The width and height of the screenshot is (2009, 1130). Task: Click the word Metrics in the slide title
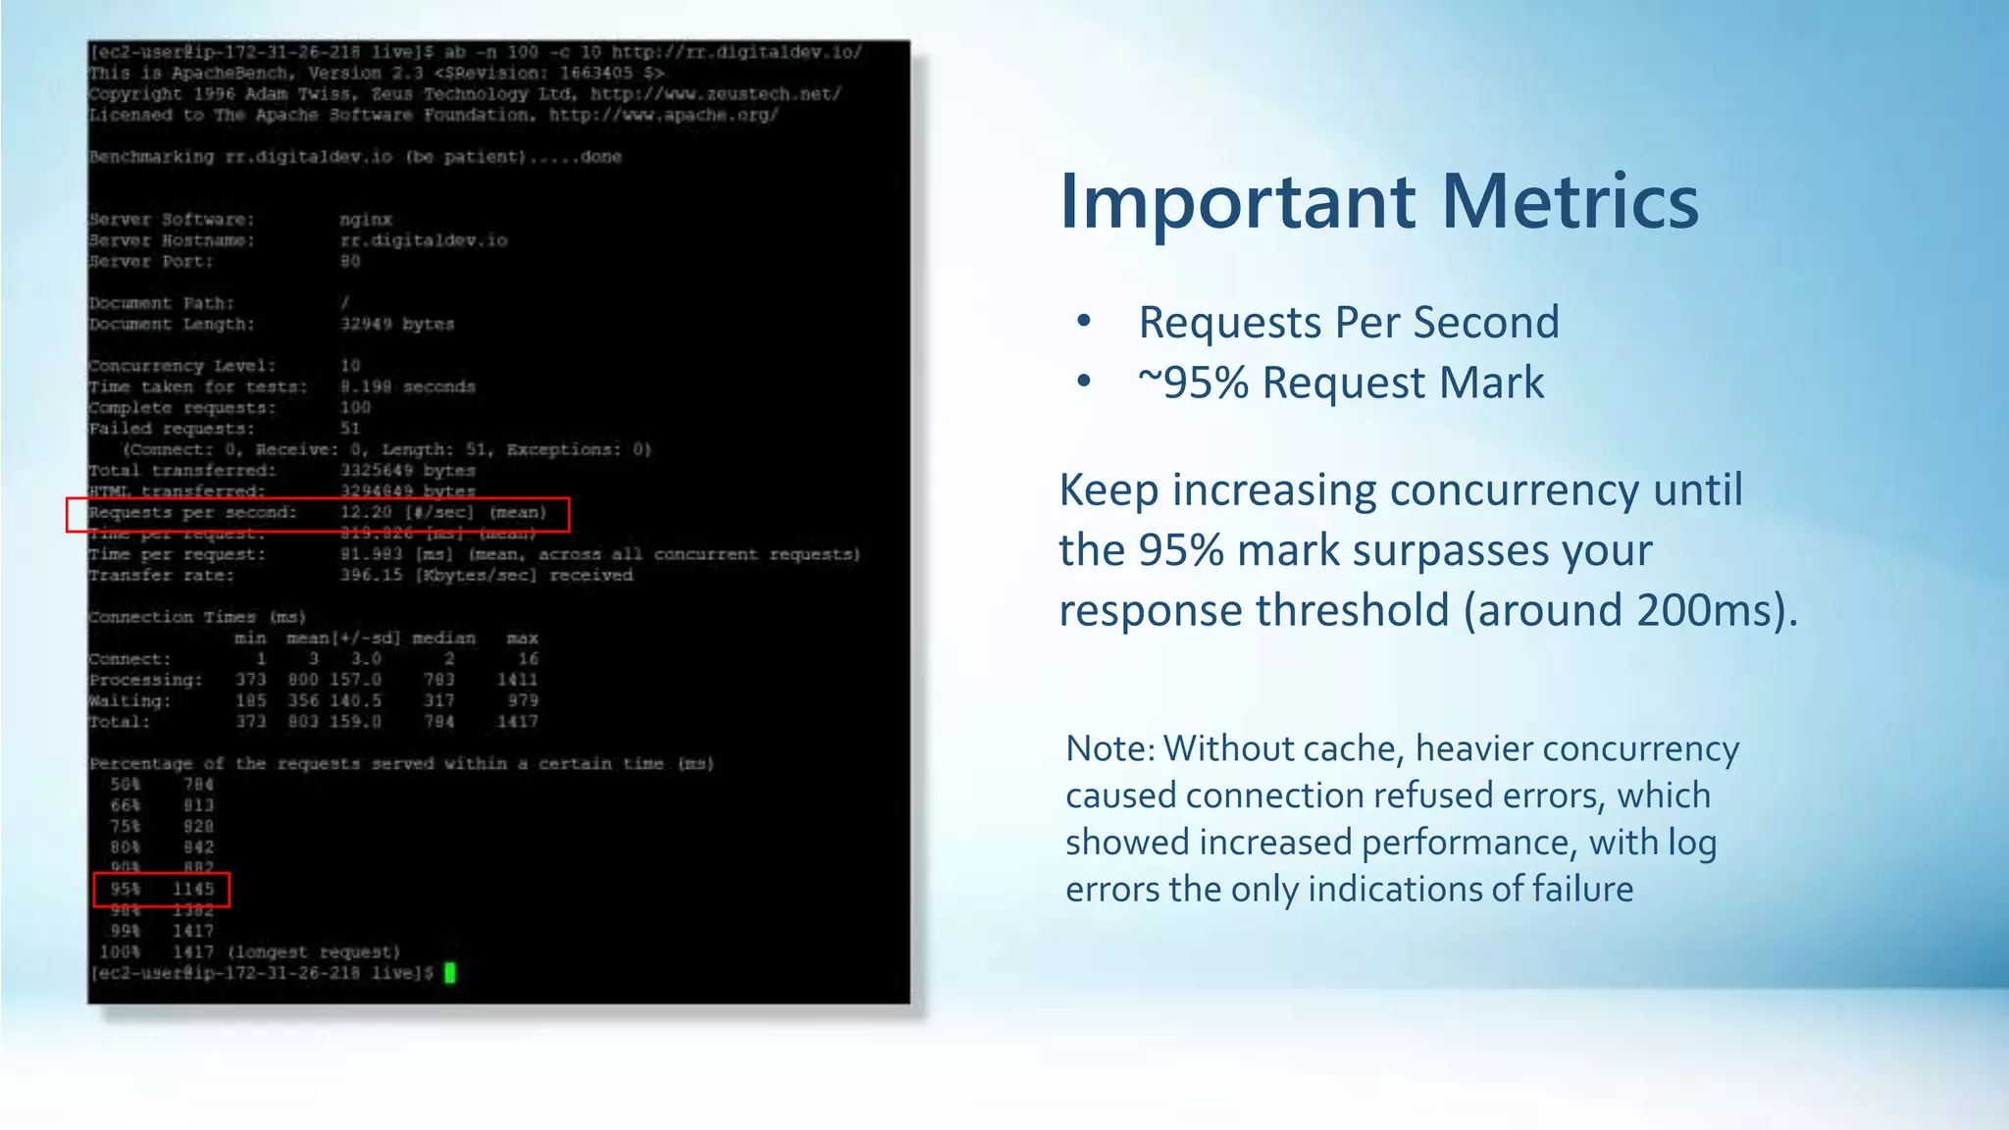(1570, 202)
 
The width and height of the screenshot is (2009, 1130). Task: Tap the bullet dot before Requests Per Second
(1084, 322)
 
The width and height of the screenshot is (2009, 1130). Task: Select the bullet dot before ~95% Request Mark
(1084, 382)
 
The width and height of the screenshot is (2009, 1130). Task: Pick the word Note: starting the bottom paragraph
(1110, 748)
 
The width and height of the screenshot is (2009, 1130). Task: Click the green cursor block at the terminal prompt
(450, 973)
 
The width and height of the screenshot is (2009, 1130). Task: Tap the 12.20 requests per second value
(366, 512)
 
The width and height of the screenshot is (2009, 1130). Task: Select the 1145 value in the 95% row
(193, 890)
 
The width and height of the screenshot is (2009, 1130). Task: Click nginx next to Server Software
(366, 220)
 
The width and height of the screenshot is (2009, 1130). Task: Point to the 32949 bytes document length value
(397, 324)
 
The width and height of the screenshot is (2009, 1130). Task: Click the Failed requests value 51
(350, 429)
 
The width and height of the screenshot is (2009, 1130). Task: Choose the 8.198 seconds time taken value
(407, 386)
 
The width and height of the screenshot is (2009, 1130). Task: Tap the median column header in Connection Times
(443, 639)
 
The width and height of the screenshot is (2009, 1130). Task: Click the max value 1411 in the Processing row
(517, 680)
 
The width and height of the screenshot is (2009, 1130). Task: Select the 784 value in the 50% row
(198, 785)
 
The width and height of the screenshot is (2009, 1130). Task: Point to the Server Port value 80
(350, 262)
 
